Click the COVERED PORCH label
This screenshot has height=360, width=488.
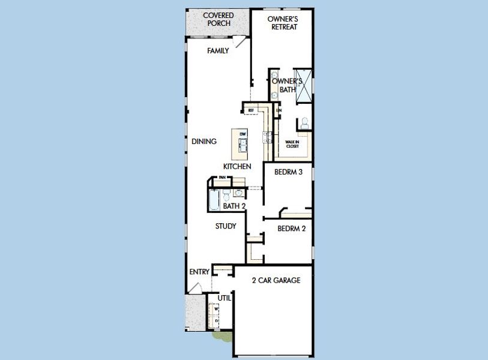pyautogui.click(x=218, y=19)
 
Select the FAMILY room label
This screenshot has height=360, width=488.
pyautogui.click(x=218, y=51)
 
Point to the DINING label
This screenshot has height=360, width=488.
pyautogui.click(x=204, y=142)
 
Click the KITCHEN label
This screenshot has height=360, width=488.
pyautogui.click(x=237, y=166)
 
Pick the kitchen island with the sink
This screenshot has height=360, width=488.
pyautogui.click(x=242, y=142)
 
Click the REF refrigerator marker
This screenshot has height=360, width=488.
pyautogui.click(x=251, y=110)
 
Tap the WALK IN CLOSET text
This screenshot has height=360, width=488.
pyautogui.click(x=292, y=144)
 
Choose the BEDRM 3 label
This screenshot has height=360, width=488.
pyautogui.click(x=288, y=172)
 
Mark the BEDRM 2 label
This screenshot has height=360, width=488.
pyautogui.click(x=292, y=229)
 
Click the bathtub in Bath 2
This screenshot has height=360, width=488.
pyautogui.click(x=214, y=200)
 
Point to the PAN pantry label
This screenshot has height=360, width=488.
pyautogui.click(x=222, y=178)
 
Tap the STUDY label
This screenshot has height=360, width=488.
pyautogui.click(x=226, y=226)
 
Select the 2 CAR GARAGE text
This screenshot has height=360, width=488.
pyautogui.click(x=276, y=280)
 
